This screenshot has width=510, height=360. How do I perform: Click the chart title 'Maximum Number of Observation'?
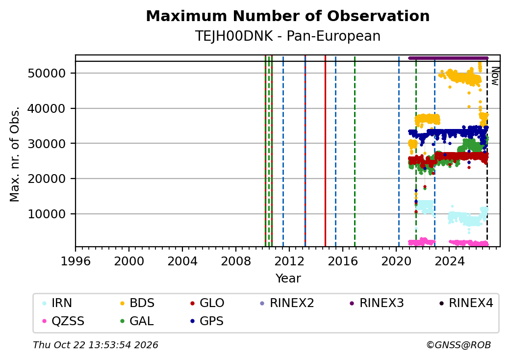tap(287, 16)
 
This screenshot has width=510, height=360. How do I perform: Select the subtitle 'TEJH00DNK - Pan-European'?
tap(287, 36)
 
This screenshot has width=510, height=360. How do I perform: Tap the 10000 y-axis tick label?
tap(47, 214)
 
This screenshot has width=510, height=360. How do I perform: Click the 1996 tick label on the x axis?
tap(76, 261)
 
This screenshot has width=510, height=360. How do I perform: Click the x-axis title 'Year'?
tap(288, 279)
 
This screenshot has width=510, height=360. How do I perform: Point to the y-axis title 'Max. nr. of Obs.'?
tap(15, 154)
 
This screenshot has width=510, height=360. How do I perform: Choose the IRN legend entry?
tap(57, 303)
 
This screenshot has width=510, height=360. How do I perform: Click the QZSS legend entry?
tap(63, 321)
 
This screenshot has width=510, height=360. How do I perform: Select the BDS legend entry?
tap(137, 303)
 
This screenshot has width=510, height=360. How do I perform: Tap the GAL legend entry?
tap(137, 321)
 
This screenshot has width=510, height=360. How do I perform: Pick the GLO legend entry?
tap(207, 303)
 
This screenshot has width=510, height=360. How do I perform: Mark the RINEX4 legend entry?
tap(466, 303)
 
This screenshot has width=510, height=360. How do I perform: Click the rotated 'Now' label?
tap(495, 76)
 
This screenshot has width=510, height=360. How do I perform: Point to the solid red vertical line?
tap(325, 151)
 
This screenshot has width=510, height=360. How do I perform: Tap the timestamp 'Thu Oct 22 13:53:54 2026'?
tap(96, 345)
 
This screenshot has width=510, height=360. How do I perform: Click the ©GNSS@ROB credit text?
tap(459, 345)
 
